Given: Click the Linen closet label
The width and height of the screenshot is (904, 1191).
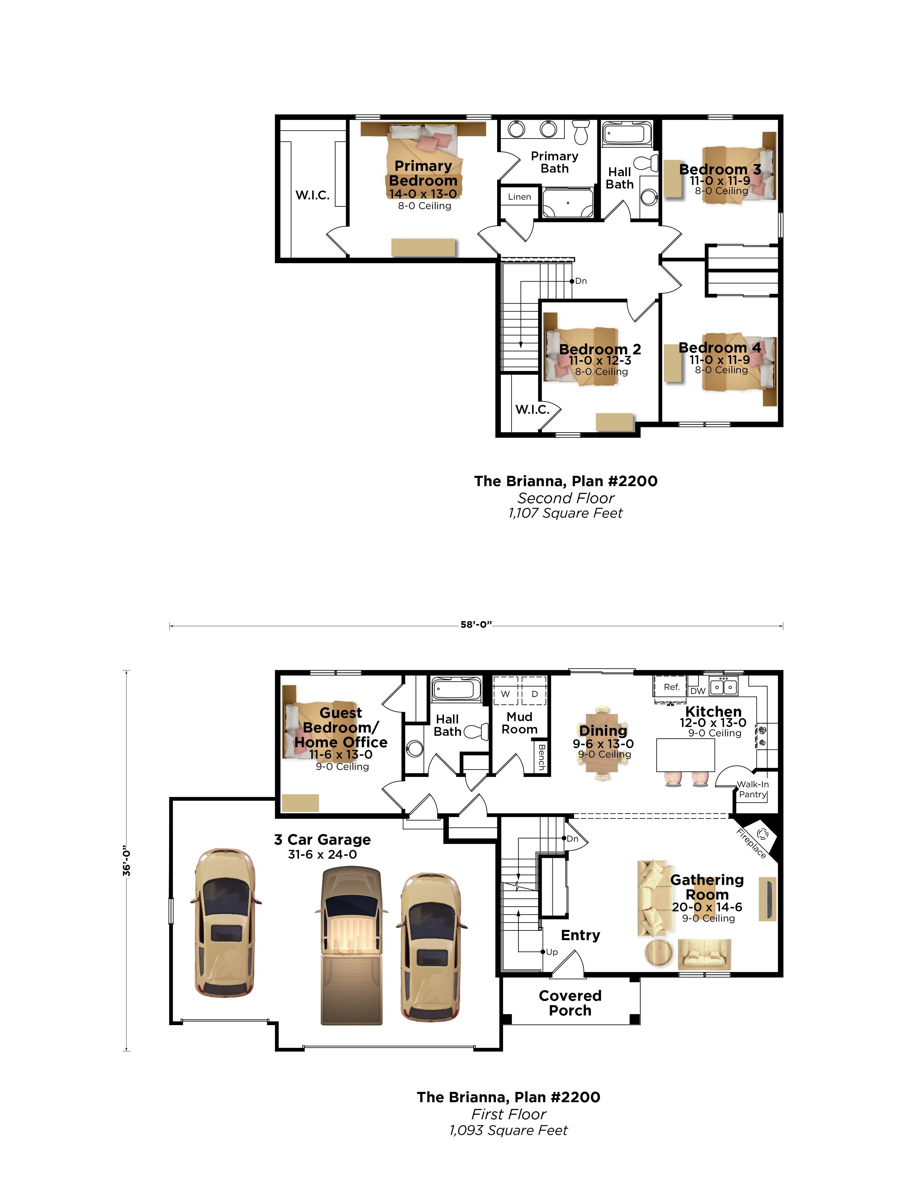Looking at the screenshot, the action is click(x=519, y=197).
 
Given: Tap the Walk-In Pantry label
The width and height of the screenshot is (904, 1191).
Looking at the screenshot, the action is click(x=753, y=789).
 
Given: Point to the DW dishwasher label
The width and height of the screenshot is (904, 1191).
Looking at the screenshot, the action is click(x=698, y=691).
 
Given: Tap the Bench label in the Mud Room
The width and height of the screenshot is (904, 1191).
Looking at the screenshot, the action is click(x=542, y=756).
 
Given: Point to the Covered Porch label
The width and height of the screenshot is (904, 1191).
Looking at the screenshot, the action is click(x=570, y=1003).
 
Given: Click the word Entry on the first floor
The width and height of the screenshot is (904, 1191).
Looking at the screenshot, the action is click(x=580, y=935).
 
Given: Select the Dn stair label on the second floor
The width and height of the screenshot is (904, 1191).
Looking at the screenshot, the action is click(x=581, y=281).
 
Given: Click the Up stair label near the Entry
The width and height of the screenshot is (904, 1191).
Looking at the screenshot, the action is click(x=552, y=952).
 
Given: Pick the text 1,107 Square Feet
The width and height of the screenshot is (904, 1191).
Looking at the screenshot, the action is click(x=565, y=513).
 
